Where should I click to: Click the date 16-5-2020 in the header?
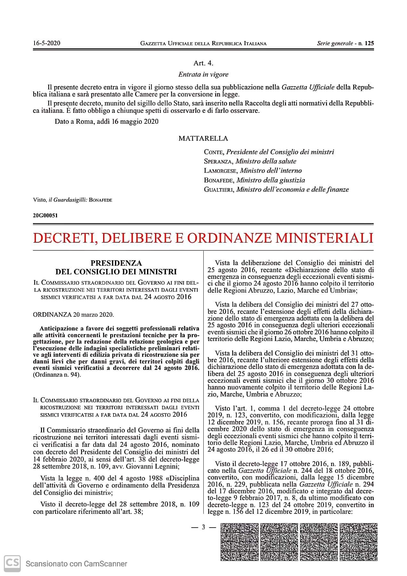(x=47, y=43)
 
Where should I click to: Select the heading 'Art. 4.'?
(x=203, y=63)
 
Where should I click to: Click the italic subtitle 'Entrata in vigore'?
(x=203, y=74)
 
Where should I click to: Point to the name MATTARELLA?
(x=203, y=138)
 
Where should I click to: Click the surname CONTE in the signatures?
(x=214, y=152)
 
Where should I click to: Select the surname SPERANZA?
(x=218, y=161)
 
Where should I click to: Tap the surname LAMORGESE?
(x=221, y=171)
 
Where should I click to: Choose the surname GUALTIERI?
(x=219, y=189)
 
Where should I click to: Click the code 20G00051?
(x=45, y=215)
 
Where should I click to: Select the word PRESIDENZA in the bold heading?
(x=116, y=263)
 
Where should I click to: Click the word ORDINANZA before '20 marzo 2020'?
(x=52, y=314)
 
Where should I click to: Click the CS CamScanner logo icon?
(x=12, y=563)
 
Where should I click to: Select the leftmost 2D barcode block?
(x=239, y=542)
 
